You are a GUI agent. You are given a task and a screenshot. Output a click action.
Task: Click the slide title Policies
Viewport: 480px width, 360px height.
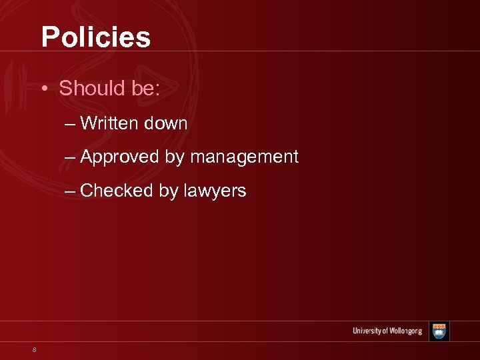coord(96,37)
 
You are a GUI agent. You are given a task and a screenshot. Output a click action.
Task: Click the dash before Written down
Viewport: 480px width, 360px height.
coord(71,124)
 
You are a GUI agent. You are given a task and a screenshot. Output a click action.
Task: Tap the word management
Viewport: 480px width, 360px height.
coord(244,157)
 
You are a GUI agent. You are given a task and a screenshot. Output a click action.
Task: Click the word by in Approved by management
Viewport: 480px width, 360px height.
coord(172,158)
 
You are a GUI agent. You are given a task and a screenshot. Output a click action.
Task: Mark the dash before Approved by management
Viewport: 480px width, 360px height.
coord(71,158)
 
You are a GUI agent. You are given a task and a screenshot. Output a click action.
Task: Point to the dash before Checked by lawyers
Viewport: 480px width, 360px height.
coord(71,191)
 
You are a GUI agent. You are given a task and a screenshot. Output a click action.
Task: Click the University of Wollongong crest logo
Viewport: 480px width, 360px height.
coord(439,331)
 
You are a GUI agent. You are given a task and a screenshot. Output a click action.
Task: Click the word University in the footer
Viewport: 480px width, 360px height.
coord(367,331)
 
